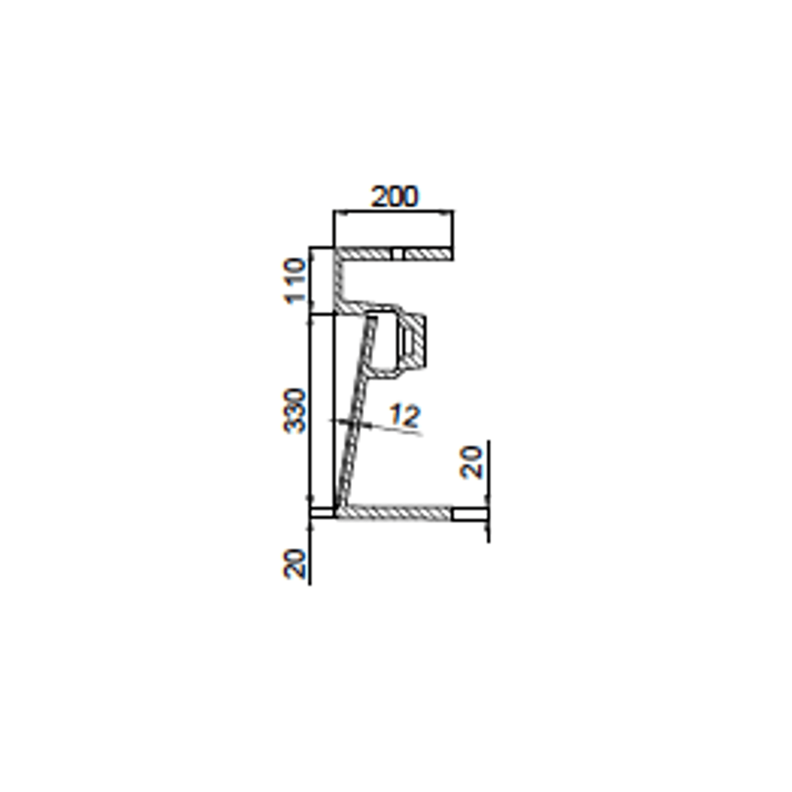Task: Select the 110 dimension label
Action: [294, 281]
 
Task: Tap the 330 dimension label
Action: [294, 410]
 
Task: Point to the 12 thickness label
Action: [405, 415]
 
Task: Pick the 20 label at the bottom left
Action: [294, 563]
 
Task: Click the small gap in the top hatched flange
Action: [398, 254]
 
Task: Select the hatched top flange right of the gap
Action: [428, 254]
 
